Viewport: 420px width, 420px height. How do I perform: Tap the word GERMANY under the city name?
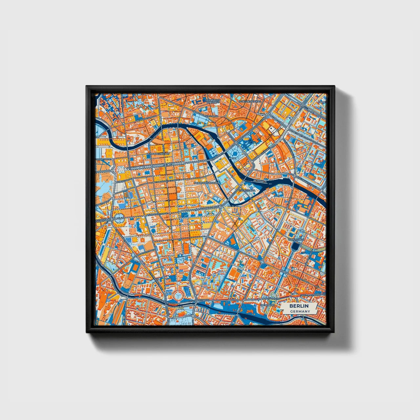299,311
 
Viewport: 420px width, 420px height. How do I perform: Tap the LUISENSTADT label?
296,240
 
